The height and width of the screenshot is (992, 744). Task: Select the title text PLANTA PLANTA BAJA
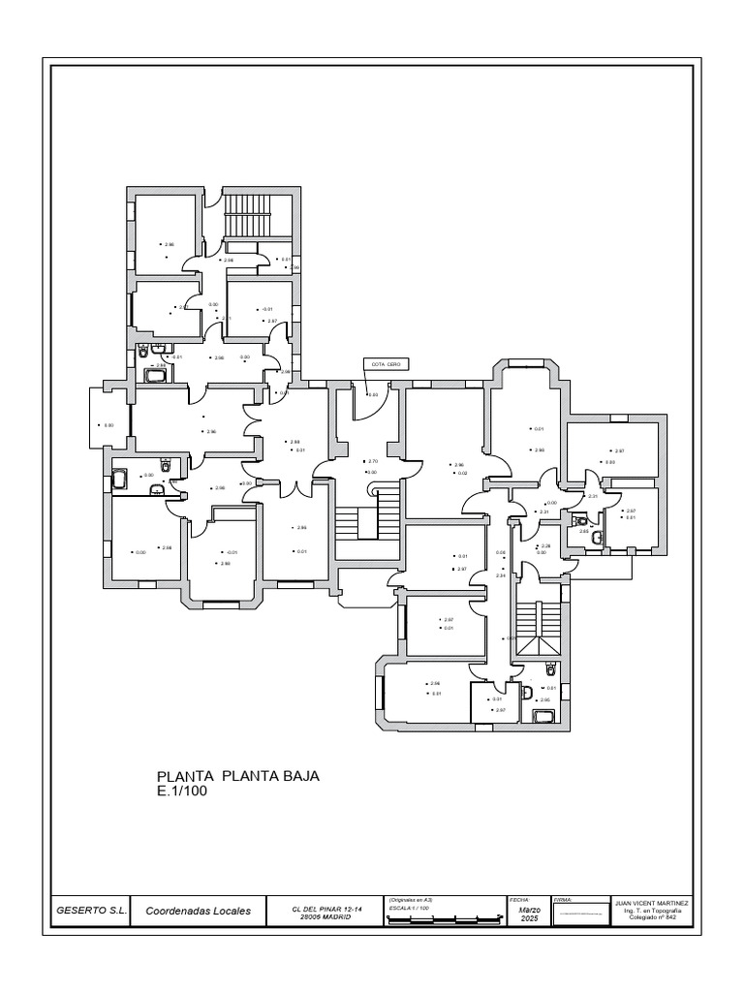[x=237, y=776]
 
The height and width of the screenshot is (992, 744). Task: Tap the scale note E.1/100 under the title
[x=182, y=790]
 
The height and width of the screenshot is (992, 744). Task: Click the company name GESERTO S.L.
[x=87, y=911]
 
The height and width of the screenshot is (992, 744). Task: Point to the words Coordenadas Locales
[x=198, y=912]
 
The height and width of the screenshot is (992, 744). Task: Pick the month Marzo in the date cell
[x=529, y=911]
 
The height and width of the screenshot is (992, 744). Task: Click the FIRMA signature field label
[x=564, y=900]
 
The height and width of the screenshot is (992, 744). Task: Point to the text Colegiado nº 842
[x=654, y=917]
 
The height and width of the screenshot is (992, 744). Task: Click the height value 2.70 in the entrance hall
[x=372, y=461]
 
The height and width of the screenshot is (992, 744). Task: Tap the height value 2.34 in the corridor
[x=501, y=575]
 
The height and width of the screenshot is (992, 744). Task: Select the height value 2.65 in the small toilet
[x=584, y=531]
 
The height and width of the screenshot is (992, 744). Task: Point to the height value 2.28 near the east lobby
[x=545, y=546]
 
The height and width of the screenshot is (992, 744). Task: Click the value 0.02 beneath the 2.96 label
[x=463, y=473]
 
